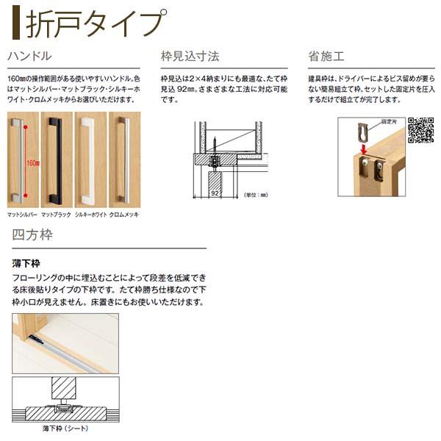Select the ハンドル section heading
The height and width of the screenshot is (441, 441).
[29, 56]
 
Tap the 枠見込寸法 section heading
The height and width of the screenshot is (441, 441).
[190, 56]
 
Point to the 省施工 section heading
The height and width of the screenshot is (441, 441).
[326, 56]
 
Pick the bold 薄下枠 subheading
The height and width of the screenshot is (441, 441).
[27, 262]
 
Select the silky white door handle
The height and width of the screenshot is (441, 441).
[90, 157]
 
